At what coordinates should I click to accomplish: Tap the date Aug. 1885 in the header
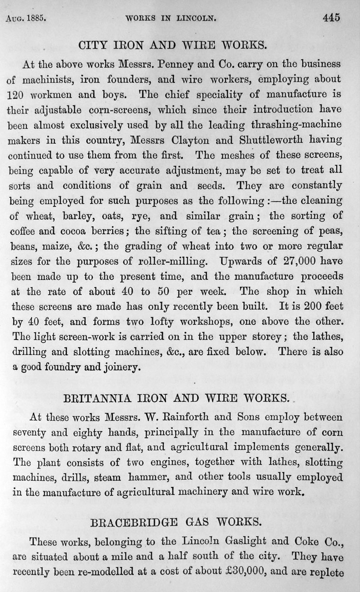point(29,19)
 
